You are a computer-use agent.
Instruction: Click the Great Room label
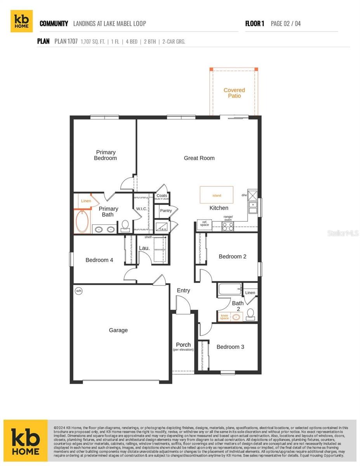click(199, 158)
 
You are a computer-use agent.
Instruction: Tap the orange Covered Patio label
click(234, 93)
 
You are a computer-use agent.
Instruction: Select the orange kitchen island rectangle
click(216, 195)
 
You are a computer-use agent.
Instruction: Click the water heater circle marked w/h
click(78, 291)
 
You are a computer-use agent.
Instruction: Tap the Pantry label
click(166, 211)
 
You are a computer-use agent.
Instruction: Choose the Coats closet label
click(162, 196)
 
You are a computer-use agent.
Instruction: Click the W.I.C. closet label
click(141, 209)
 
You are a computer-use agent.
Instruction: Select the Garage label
click(118, 330)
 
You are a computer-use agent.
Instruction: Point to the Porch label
click(183, 344)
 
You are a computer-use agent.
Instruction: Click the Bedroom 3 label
click(230, 347)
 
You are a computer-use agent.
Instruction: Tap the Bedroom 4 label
click(99, 260)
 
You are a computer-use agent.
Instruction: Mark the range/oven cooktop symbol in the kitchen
click(228, 226)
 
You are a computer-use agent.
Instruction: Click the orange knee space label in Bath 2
click(224, 317)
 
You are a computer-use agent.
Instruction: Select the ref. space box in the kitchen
click(204, 224)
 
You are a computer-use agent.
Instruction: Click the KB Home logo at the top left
click(21, 21)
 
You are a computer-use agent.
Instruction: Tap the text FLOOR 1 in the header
click(255, 24)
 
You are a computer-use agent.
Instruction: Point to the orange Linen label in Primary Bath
click(86, 201)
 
